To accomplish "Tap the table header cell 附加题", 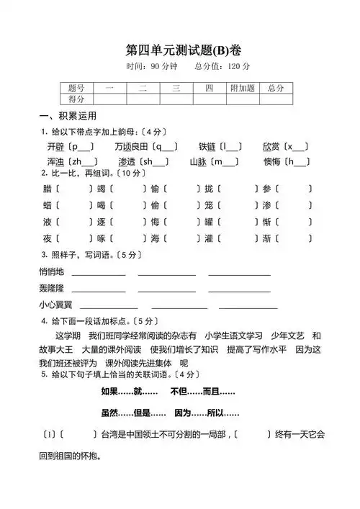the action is tap(242, 88).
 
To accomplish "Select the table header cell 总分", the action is tap(275, 88).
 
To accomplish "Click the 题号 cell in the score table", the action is tap(76, 88).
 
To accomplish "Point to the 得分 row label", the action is tap(76, 99).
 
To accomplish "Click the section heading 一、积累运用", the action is tap(68, 116).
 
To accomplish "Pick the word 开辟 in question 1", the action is tap(55, 147).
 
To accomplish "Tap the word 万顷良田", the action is tap(132, 147).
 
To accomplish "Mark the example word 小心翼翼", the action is tap(56, 305).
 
